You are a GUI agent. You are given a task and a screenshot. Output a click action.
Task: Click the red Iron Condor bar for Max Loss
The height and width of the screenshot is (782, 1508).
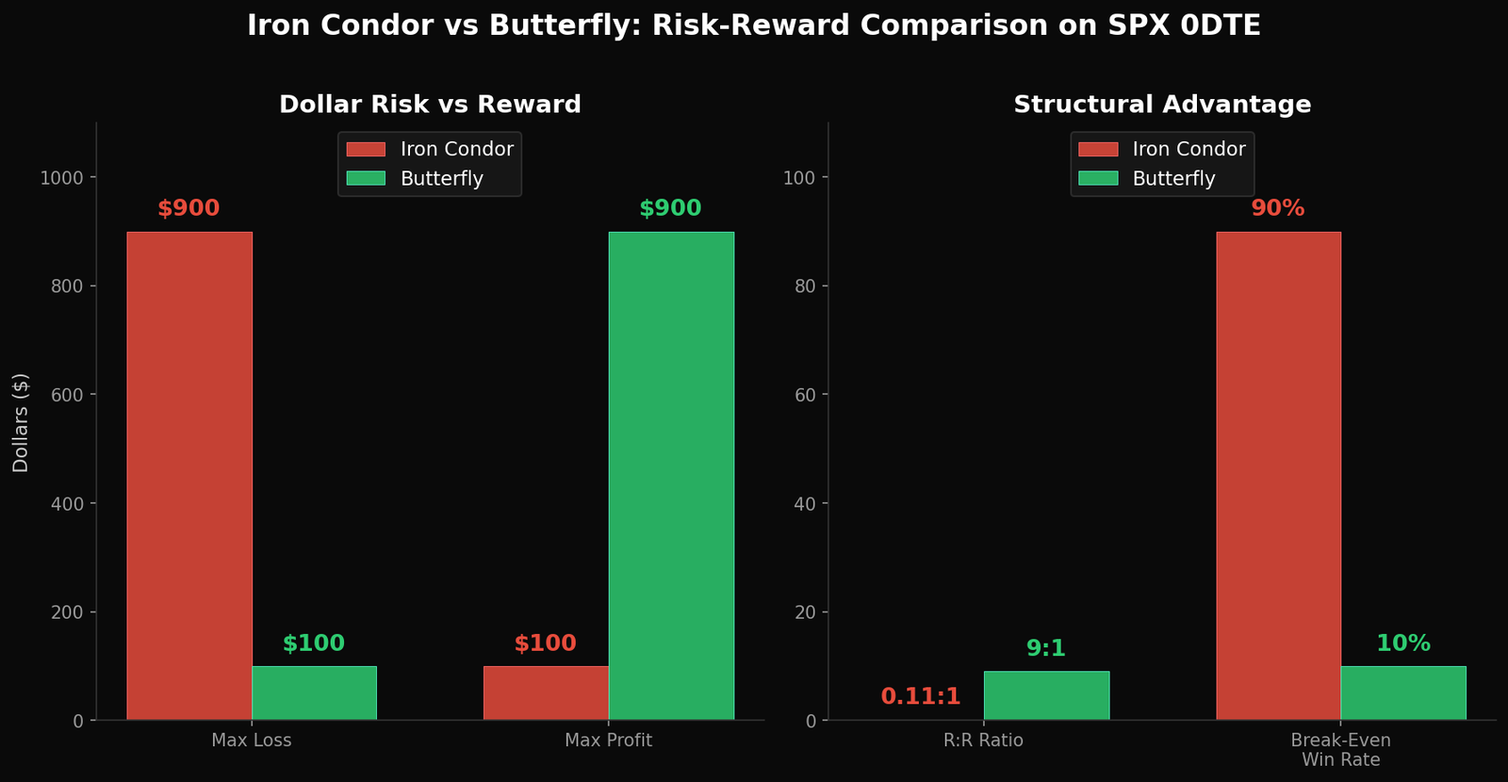coord(189,476)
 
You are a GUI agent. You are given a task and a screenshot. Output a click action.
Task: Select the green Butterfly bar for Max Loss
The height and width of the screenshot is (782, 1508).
coord(314,692)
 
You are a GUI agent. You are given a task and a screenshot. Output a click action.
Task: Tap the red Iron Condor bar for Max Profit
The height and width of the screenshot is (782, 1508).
coord(546,692)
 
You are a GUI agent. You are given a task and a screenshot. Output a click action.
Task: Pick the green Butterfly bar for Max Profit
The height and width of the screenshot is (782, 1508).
coord(671,476)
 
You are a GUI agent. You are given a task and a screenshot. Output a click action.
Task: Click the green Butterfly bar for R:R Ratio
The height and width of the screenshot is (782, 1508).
coord(1046,695)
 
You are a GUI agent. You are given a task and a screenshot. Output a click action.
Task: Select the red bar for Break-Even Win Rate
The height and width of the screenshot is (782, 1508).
coord(1278,476)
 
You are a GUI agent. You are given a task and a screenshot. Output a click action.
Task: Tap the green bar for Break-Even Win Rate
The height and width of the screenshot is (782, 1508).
coord(1403,692)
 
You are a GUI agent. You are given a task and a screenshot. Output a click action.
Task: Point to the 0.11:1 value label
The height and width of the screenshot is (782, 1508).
coord(921,696)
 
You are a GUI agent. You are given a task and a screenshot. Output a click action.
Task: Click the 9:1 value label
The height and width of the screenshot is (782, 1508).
coord(1046,648)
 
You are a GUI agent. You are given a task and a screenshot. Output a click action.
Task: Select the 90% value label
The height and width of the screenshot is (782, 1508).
coord(1278,208)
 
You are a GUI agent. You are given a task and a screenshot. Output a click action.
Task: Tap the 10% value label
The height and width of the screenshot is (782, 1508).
coord(1403,644)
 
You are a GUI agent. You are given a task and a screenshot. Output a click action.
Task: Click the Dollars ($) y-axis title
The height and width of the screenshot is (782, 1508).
coord(21,422)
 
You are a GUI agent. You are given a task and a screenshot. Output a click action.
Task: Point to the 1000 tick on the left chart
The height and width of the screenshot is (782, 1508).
coord(61,178)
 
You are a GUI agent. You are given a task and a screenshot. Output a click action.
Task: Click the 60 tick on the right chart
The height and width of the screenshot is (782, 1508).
coord(806,395)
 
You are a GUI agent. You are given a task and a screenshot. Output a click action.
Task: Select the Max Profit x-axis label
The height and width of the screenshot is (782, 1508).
coord(608,741)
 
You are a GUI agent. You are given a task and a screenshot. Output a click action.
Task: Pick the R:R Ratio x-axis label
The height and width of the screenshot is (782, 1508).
coord(983,741)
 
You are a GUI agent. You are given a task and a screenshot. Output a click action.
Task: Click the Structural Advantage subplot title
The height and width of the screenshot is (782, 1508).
coord(1162,105)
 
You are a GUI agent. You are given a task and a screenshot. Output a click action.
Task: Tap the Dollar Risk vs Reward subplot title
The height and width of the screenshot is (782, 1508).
coord(430,105)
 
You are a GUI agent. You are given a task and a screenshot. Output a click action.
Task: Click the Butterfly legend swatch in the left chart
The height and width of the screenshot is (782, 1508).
coord(366,178)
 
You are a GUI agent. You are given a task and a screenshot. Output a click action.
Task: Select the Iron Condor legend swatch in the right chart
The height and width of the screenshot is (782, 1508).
coord(1098,149)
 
